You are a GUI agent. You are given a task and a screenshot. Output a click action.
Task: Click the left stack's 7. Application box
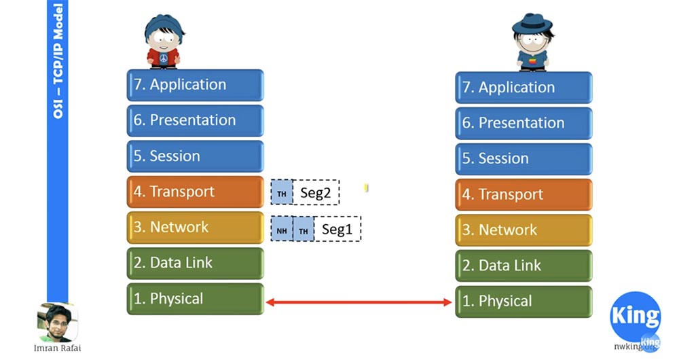coord(195,85)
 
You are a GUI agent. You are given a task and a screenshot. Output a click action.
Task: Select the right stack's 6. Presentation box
coord(524,123)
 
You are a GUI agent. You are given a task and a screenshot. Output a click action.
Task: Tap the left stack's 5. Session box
coord(195,156)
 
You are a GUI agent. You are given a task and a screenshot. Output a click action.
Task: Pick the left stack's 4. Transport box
coord(195,192)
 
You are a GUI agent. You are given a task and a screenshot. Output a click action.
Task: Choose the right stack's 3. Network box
coord(524,230)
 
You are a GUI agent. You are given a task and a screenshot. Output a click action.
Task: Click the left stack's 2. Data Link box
coord(195,263)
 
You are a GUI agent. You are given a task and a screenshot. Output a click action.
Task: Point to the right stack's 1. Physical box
coord(524,301)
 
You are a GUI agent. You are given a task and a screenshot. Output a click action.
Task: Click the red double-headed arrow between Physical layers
coord(359,302)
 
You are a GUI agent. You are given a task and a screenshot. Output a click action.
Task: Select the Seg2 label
coord(316,194)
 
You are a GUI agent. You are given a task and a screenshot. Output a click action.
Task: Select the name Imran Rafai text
coord(58,348)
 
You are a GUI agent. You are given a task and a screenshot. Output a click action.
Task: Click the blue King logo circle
coord(635,317)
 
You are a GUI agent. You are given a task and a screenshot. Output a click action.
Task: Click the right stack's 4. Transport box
coord(524,195)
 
